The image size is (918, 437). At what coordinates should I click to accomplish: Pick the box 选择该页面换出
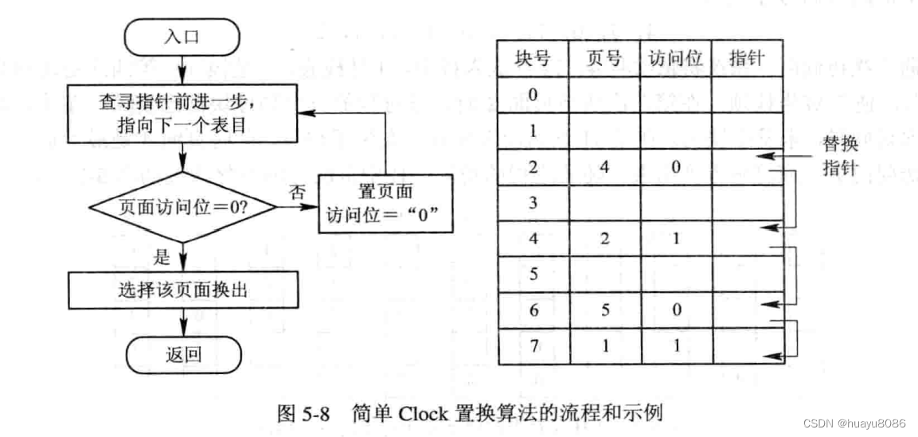(x=183, y=291)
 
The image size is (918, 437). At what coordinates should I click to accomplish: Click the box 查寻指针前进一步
(x=183, y=112)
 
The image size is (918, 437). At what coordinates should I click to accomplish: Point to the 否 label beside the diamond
(x=297, y=191)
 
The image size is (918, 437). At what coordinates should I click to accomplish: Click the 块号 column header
(x=533, y=58)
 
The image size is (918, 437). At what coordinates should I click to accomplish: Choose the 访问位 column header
(x=675, y=58)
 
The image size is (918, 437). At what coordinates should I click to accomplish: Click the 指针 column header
(x=746, y=58)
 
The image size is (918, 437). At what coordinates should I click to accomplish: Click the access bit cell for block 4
(x=675, y=239)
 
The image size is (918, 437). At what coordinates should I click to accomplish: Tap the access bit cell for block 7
(x=675, y=346)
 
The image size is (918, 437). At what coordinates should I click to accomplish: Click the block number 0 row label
(x=533, y=95)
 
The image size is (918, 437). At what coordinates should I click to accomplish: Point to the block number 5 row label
(x=533, y=275)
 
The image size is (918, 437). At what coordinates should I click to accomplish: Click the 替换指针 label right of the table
(x=838, y=158)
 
